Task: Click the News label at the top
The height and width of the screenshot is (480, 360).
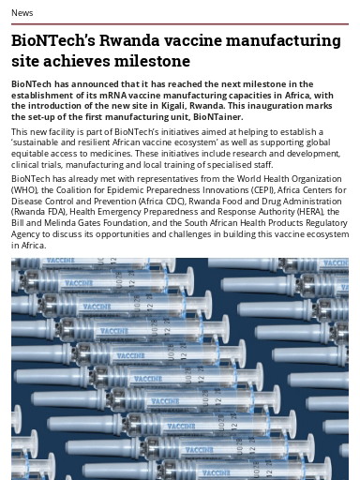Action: tap(22, 11)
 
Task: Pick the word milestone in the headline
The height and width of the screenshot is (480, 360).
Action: tap(152, 62)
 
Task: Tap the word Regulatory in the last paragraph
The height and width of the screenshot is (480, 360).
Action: tap(318, 224)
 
